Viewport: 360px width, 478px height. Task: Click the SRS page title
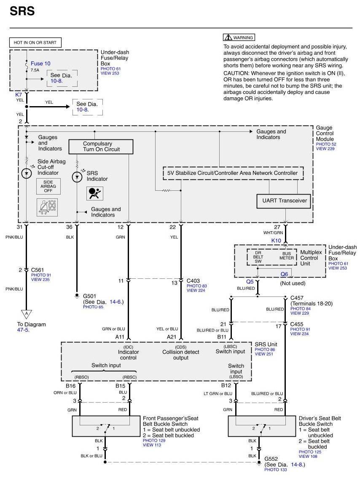pyautogui.click(x=22, y=11)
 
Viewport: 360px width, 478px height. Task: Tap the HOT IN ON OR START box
pyautogui.click(x=35, y=43)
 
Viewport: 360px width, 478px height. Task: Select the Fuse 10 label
pyautogui.click(x=40, y=63)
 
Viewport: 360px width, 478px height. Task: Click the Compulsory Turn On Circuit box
pyautogui.click(x=101, y=147)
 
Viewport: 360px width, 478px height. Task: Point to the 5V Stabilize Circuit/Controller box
pyautogui.click(x=233, y=173)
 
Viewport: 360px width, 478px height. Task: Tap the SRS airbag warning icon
pyautogui.click(x=94, y=193)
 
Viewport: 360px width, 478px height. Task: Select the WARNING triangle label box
pyautogui.click(x=239, y=37)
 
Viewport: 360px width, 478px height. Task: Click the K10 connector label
pyautogui.click(x=276, y=240)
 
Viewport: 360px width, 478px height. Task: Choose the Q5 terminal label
pyautogui.click(x=250, y=282)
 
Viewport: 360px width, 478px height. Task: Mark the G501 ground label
pyautogui.click(x=89, y=296)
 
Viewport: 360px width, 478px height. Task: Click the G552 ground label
pyautogui.click(x=271, y=459)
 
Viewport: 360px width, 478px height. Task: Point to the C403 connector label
pyautogui.click(x=194, y=280)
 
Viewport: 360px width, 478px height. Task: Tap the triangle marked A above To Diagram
pyautogui.click(x=26, y=314)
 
